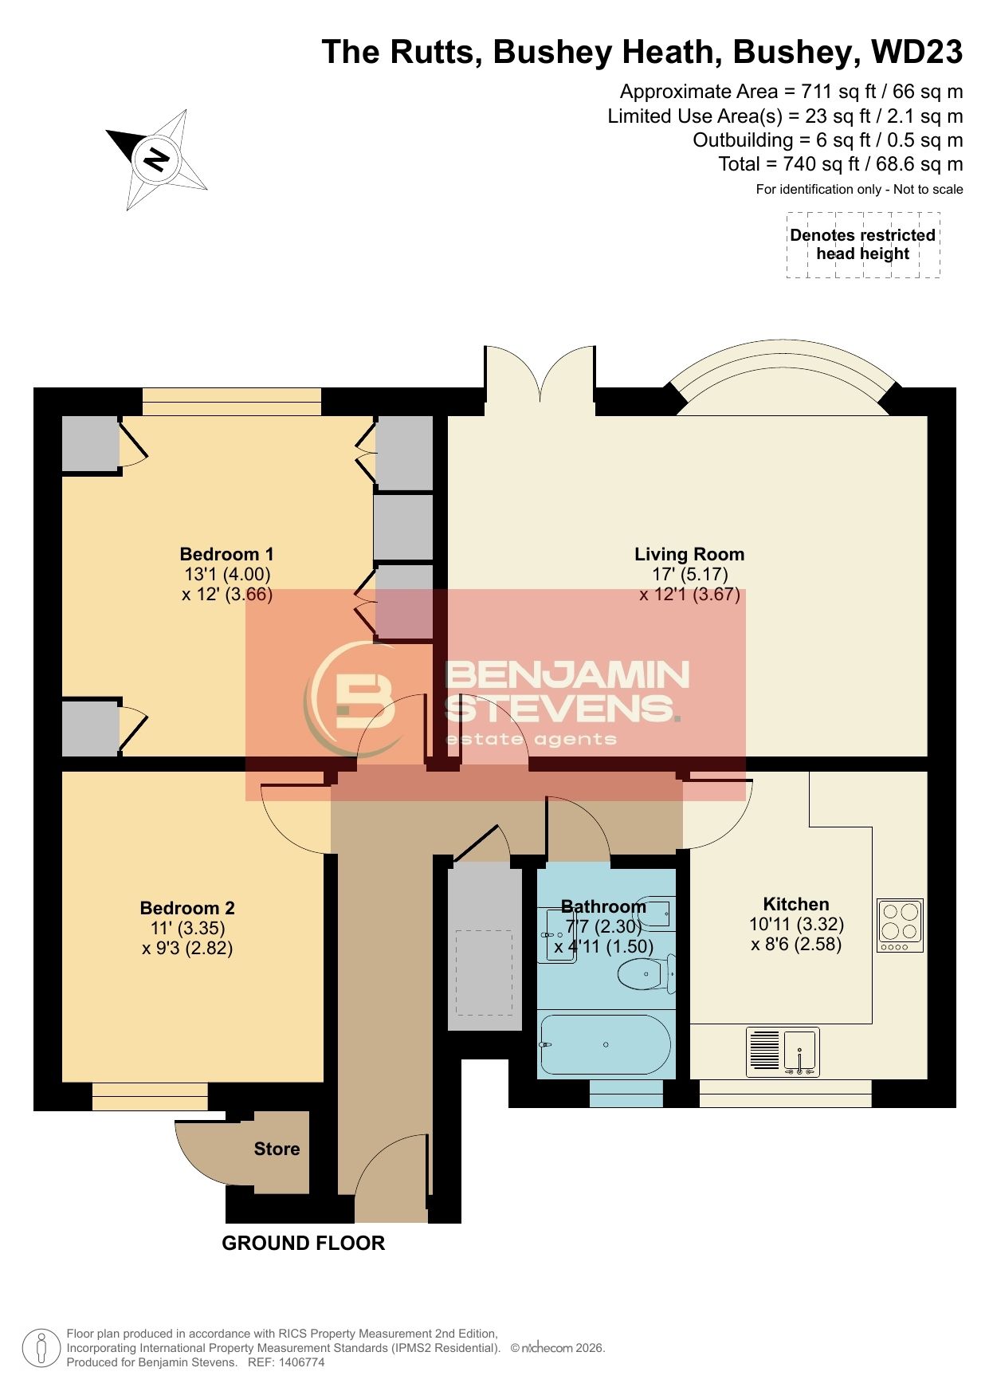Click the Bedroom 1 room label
coord(227,554)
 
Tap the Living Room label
coord(690,554)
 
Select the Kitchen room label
coord(796,904)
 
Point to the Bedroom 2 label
coord(187,908)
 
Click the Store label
coord(277,1149)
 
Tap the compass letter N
coord(156,159)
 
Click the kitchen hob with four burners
coord(901,925)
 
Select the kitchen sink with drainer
coord(783,1052)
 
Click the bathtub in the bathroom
coord(606,1044)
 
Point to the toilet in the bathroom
coord(646,973)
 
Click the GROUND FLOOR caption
coord(303,1243)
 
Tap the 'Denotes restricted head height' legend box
coord(863,245)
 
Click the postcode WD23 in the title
coord(917,52)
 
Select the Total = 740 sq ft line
coord(841,164)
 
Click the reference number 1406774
coord(296,1362)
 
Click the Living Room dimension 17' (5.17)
coord(690,574)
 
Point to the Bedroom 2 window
coord(150,1096)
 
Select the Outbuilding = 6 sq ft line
coord(828,140)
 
